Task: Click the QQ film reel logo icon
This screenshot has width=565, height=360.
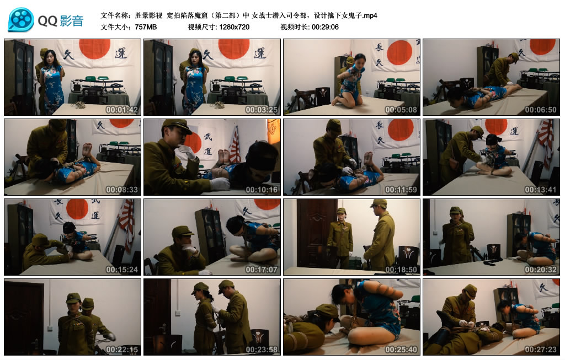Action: pos(21,20)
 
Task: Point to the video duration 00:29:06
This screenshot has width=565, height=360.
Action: pos(325,26)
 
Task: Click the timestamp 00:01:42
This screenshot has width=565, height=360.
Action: pos(122,110)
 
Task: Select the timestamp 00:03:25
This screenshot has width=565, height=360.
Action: pos(262,110)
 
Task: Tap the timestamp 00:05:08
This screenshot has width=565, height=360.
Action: pos(401,110)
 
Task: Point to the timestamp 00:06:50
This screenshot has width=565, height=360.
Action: pos(541,110)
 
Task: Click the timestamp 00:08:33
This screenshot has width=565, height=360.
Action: pos(122,190)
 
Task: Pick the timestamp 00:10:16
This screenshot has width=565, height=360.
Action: pos(262,190)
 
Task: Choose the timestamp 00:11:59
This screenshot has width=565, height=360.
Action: pos(401,190)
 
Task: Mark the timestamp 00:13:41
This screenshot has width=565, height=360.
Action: pos(541,190)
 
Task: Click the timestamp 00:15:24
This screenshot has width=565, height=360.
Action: pos(122,270)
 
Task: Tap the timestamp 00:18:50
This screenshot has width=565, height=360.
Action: pos(401,270)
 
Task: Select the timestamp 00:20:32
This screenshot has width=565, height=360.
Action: pos(541,270)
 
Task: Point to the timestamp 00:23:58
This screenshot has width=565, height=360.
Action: pos(262,350)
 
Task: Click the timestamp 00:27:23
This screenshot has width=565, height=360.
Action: pos(541,350)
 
